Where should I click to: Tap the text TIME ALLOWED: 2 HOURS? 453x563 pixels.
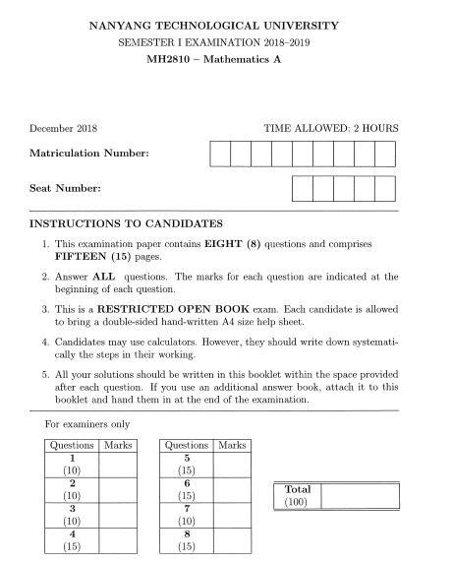tap(331, 128)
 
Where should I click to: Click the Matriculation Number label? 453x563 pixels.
tap(89, 155)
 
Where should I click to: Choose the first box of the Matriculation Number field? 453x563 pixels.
tap(219, 155)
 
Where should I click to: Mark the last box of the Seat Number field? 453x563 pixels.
tap(384, 188)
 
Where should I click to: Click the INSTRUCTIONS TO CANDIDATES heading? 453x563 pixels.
tap(127, 223)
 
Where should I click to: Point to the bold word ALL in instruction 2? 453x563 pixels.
tap(104, 278)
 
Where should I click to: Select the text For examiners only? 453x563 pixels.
tap(87, 425)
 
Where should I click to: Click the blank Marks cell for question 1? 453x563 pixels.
tap(117, 464)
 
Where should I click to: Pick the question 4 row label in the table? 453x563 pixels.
tap(71, 539)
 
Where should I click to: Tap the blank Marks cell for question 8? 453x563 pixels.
tap(233, 539)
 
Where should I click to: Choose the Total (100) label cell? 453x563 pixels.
tap(298, 495)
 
